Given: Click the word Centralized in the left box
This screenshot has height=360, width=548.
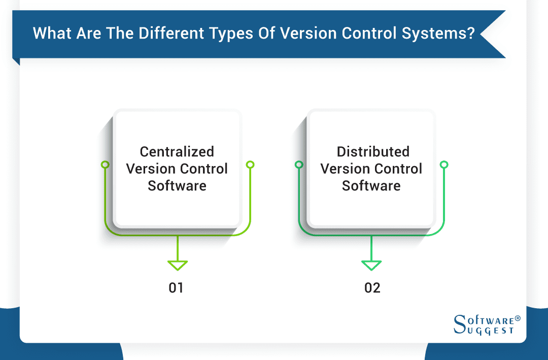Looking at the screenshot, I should [177, 152].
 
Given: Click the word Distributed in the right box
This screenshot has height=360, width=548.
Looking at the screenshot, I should [372, 152].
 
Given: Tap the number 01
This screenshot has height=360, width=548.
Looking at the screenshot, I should [176, 288].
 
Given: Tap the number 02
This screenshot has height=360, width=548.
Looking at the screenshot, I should [372, 288].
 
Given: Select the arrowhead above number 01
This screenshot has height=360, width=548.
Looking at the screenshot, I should [178, 265].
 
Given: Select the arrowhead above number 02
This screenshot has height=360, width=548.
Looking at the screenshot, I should [371, 265].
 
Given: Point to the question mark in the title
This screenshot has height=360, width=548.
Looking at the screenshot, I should [469, 34].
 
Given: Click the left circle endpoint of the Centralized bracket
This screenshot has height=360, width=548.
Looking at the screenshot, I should [105, 165].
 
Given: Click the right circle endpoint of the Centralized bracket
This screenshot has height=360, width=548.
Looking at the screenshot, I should [250, 165].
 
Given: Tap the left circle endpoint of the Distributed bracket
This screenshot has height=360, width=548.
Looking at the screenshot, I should [299, 165].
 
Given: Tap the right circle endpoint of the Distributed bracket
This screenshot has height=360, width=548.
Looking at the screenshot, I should [444, 165].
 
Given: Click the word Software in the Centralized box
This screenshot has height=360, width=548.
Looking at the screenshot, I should [177, 186].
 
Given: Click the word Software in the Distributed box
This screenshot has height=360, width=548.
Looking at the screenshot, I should [371, 186].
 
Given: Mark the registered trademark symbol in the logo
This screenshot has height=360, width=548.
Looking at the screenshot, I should [518, 318].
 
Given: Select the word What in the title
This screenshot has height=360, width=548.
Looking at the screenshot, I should [49, 34].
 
